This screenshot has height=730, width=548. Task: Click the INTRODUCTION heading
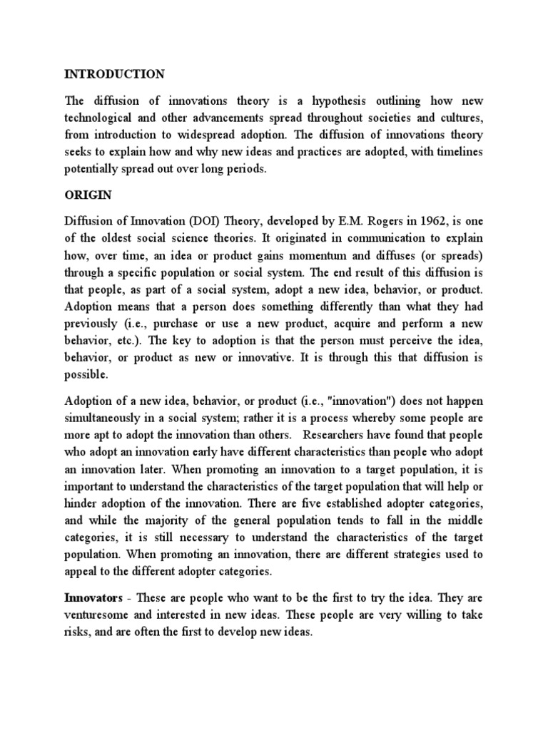114,74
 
